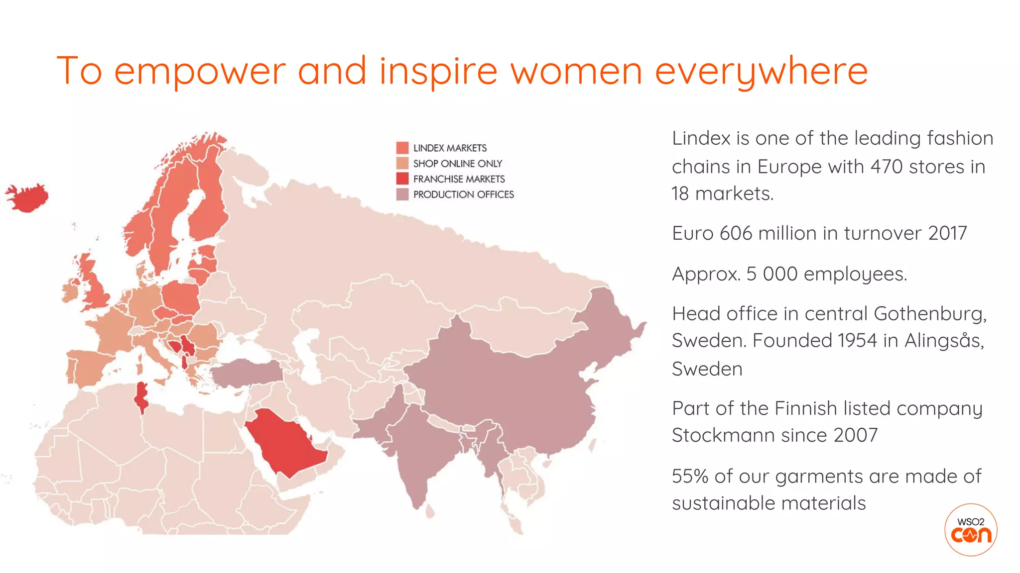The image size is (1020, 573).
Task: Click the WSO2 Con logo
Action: [970, 530]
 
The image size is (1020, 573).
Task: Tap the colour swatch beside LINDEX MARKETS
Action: [402, 148]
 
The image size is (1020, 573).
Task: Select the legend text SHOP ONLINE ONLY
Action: [457, 164]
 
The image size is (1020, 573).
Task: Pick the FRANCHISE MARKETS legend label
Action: [459, 179]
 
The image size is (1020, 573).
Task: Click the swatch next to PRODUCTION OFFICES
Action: [402, 194]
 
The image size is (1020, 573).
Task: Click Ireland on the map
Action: [70, 292]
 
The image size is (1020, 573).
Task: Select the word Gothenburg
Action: [929, 314]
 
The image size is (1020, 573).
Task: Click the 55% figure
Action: [690, 477]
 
